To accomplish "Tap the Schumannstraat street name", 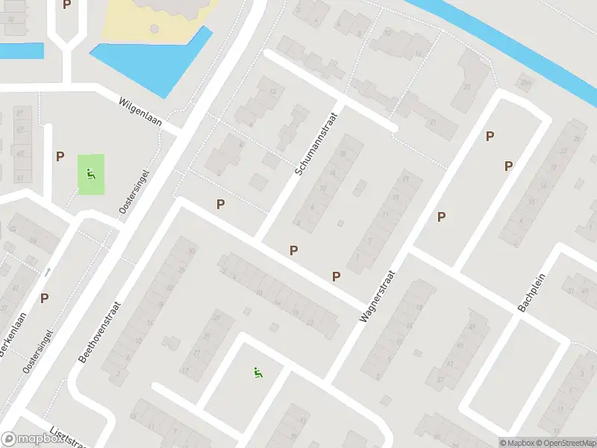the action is click(316, 144).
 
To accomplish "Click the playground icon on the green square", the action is click(91, 175).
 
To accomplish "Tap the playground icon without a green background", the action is click(258, 372).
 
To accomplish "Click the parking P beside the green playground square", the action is click(60, 157).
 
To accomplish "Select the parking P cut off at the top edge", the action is click(67, 4).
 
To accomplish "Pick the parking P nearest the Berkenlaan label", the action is click(45, 298).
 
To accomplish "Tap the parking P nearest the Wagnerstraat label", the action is click(337, 276).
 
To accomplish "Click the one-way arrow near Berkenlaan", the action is click(48, 273).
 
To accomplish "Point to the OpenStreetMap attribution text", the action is click(565, 443).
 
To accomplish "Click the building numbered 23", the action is click(467, 87).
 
